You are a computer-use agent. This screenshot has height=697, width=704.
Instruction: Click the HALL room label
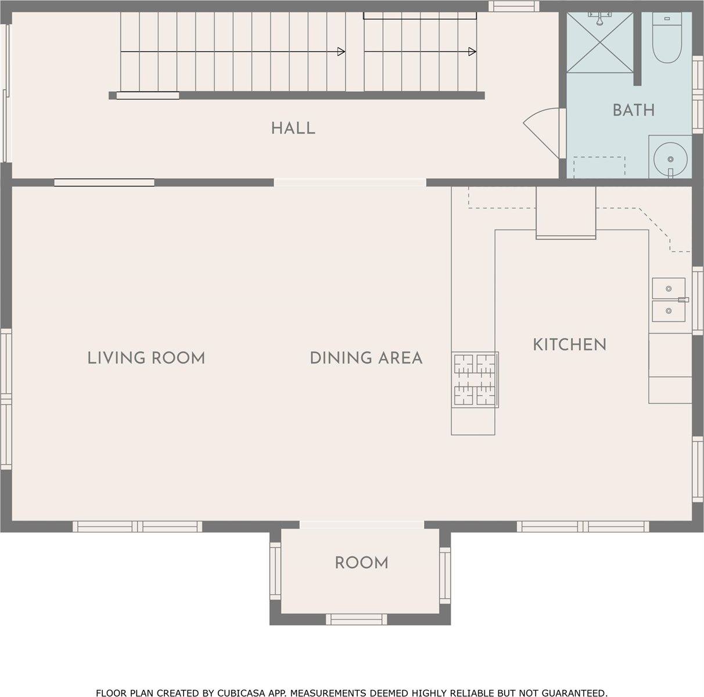(293, 128)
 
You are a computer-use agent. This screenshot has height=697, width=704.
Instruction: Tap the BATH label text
(634, 110)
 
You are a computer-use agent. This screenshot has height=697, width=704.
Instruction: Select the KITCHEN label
(570, 344)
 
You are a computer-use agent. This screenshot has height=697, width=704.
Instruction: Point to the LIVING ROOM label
(146, 358)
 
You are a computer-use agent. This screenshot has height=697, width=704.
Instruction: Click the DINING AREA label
(366, 358)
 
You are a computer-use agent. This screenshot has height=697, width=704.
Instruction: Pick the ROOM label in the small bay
(361, 562)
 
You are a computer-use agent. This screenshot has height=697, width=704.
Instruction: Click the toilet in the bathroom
(667, 38)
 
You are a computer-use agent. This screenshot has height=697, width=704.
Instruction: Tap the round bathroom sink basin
(670, 159)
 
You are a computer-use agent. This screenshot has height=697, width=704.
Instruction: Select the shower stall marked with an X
(600, 42)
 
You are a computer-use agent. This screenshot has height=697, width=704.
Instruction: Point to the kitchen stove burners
(475, 379)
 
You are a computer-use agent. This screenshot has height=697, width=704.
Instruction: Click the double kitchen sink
(669, 300)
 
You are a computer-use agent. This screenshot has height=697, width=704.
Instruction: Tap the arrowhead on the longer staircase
(341, 52)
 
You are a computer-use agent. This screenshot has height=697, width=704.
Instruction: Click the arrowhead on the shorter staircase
(472, 52)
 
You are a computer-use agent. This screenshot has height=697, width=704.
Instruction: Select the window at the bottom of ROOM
(356, 619)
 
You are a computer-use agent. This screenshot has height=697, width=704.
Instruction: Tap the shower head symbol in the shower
(599, 18)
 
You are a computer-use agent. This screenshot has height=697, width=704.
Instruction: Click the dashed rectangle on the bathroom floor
(599, 167)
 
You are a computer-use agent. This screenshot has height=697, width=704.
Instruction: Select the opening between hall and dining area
(350, 182)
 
